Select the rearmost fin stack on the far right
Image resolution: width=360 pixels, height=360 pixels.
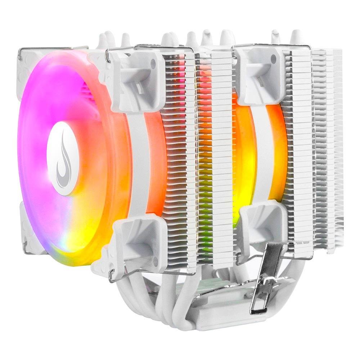(x=326, y=144)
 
